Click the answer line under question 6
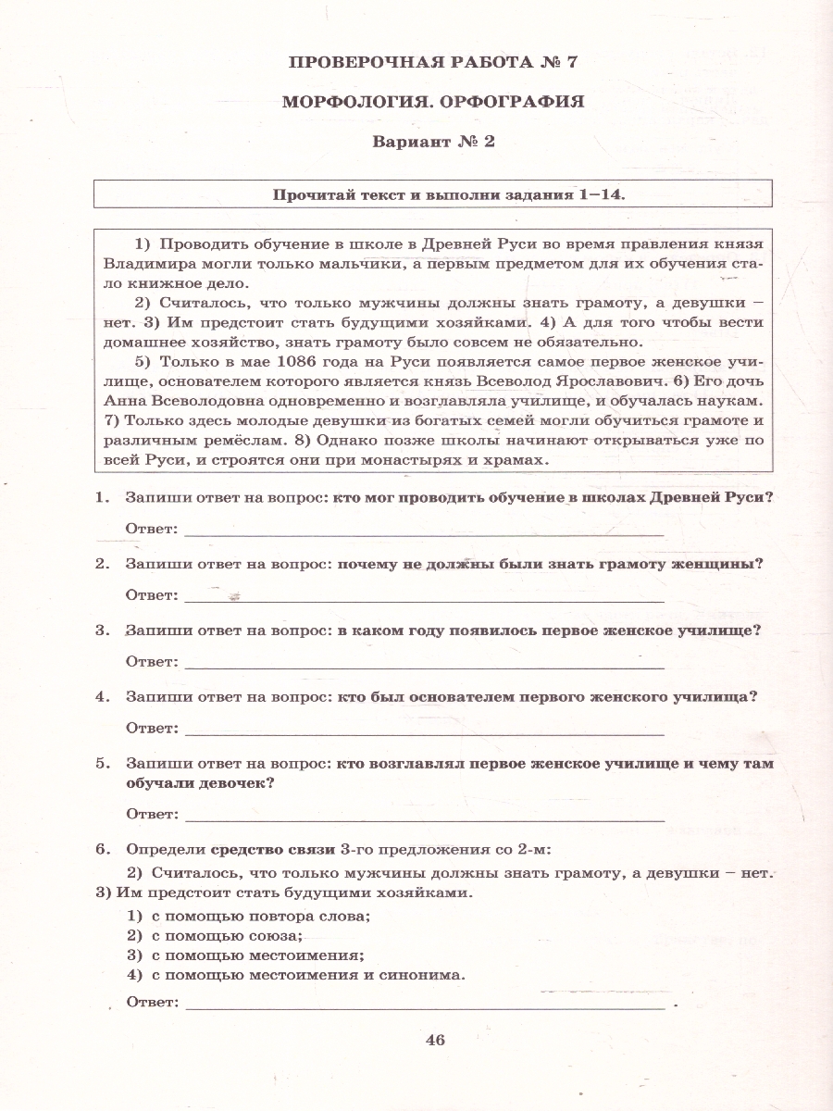coord(424,1003)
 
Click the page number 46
coord(435,1040)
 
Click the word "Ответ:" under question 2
coord(151,595)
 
